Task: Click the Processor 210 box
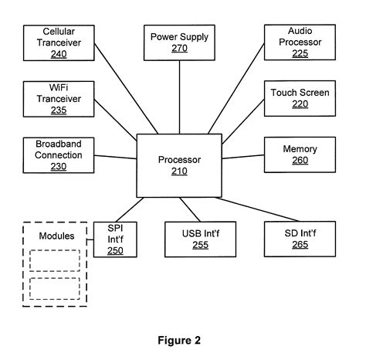pos(179,165)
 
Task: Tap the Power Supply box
pos(178,43)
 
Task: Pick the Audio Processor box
pos(300,42)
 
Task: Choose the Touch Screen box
pos(300,98)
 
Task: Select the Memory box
pos(300,155)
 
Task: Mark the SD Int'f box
pos(300,239)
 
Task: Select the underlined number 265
pos(300,245)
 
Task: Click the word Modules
pos(56,236)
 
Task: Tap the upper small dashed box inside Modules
pos(54,260)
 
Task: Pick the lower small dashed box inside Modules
pos(54,288)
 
